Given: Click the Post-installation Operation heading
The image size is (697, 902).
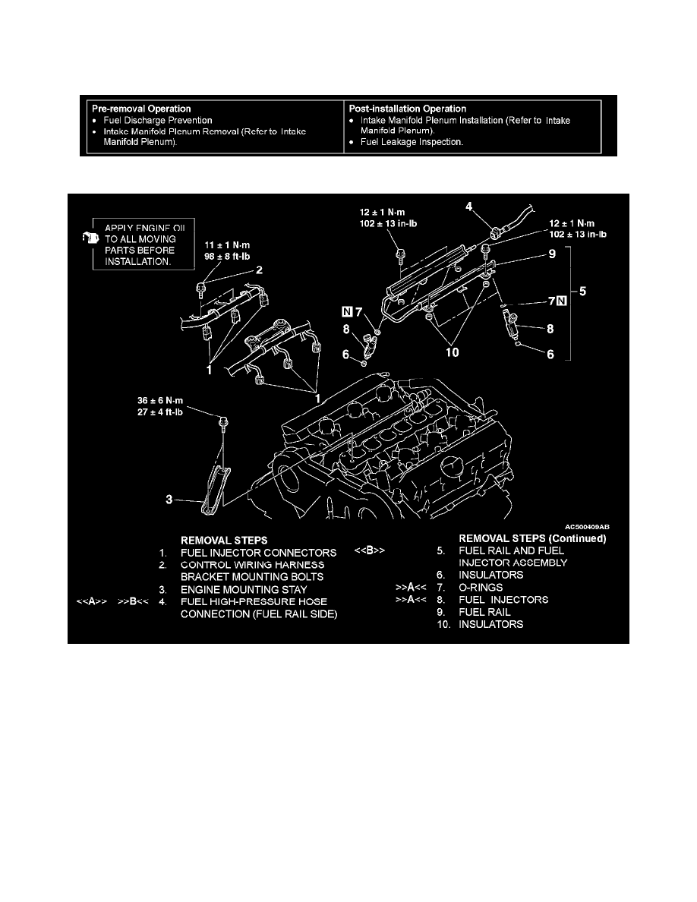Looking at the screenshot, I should coord(407,109).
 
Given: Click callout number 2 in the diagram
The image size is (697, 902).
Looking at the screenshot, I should coord(260,270).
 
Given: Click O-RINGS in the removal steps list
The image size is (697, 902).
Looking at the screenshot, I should coord(481,588).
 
